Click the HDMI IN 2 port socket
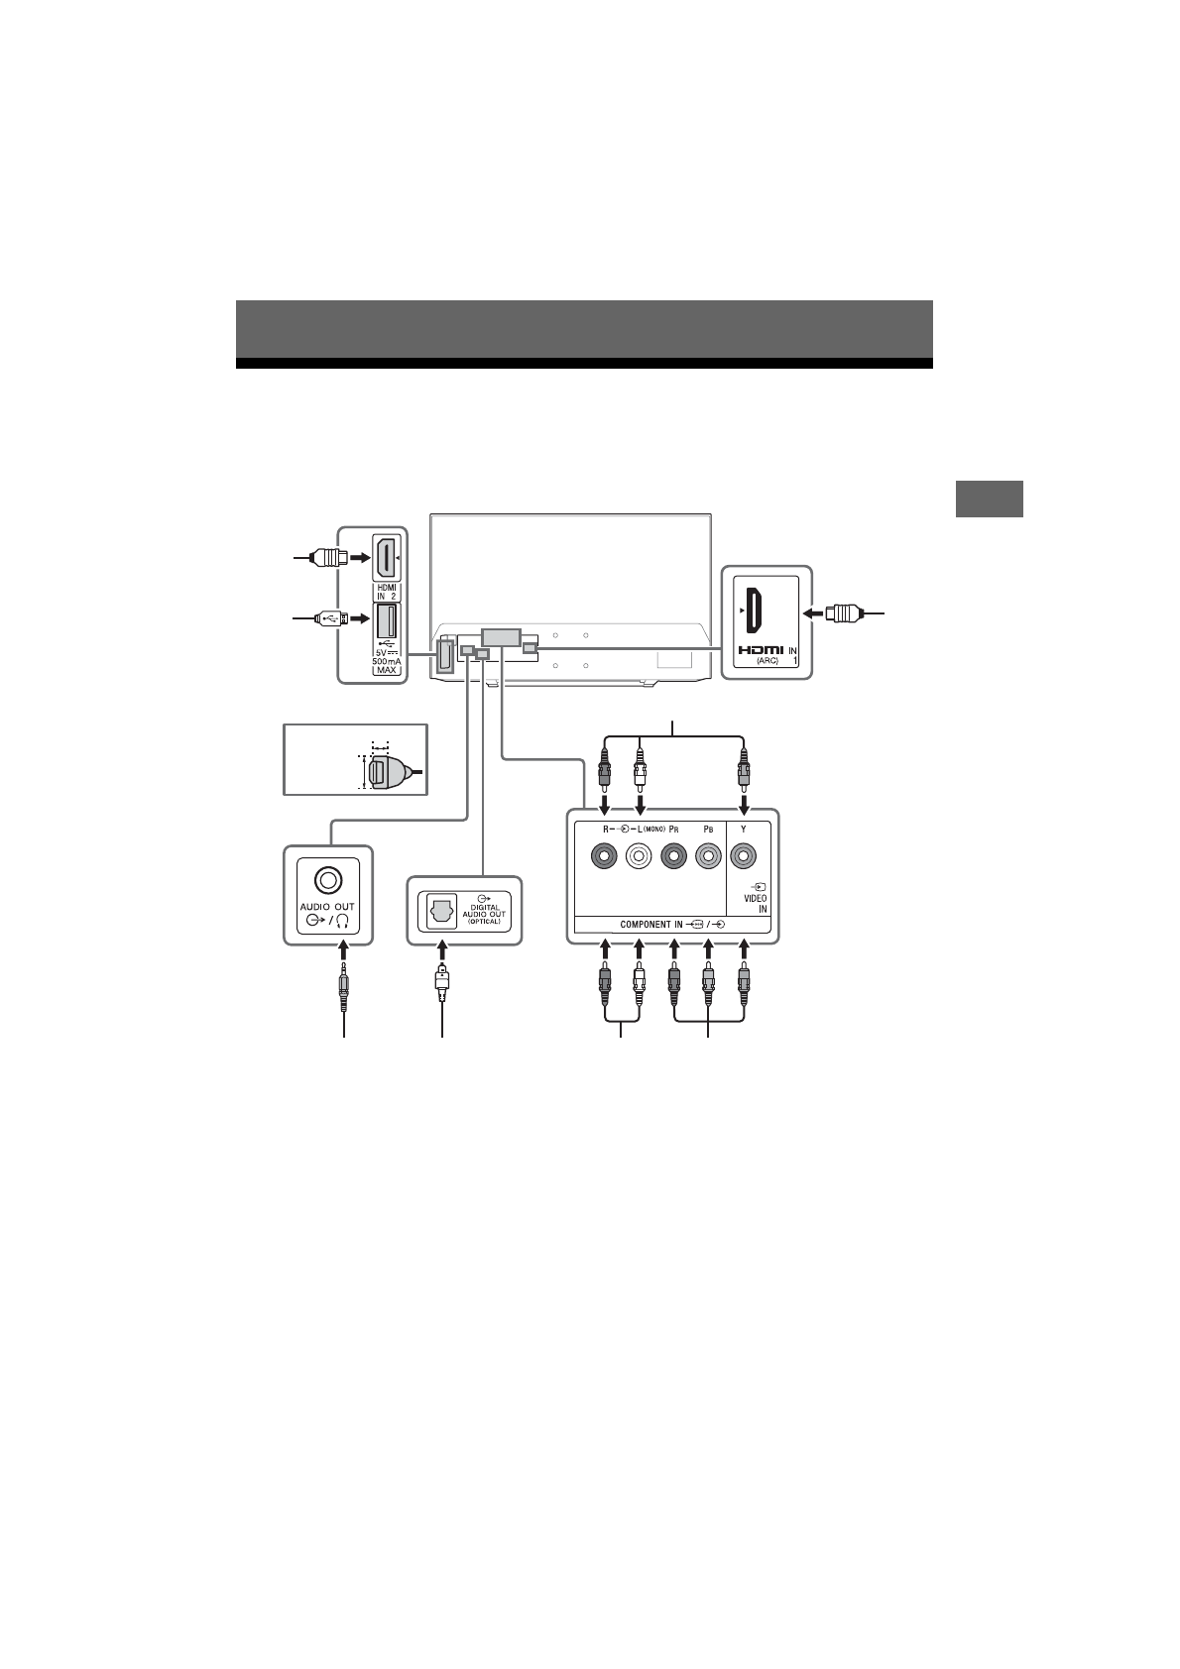(386, 560)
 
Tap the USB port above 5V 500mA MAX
(386, 620)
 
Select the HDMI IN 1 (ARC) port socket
(754, 611)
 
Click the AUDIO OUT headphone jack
(327, 879)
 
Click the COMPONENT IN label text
(650, 925)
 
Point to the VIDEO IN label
(756, 903)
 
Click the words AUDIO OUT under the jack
(327, 907)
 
